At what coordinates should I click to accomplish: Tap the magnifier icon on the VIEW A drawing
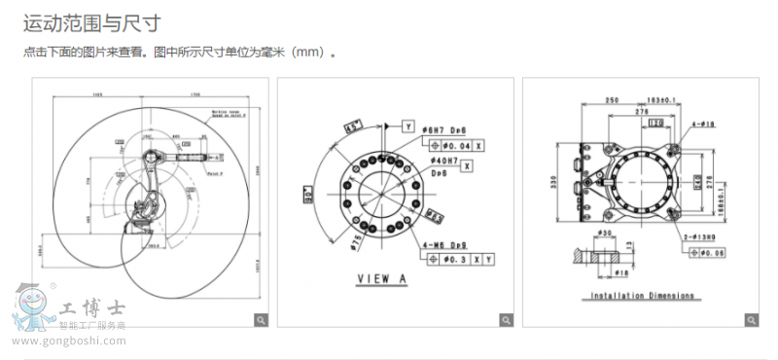(x=507, y=319)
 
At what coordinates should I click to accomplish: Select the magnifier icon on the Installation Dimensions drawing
(x=752, y=319)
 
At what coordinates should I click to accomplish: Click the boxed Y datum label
(x=408, y=126)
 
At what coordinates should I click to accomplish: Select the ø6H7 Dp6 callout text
(x=448, y=128)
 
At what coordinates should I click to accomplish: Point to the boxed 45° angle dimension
(x=354, y=126)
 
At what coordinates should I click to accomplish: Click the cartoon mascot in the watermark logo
(x=34, y=309)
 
